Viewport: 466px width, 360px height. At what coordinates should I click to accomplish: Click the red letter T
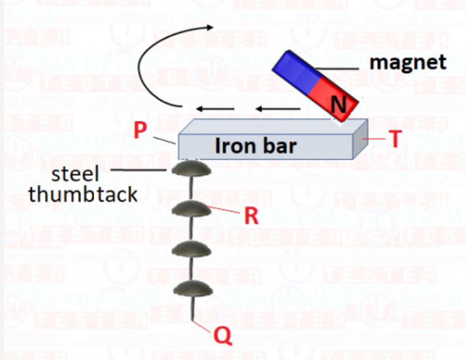click(395, 140)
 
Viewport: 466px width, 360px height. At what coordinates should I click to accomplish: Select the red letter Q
click(223, 336)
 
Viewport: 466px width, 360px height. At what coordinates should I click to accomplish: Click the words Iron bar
click(255, 146)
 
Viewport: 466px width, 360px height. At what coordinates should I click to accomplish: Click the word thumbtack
click(83, 194)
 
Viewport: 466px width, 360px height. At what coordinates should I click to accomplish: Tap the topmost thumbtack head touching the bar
click(191, 169)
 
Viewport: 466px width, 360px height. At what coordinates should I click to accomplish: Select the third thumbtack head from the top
click(191, 248)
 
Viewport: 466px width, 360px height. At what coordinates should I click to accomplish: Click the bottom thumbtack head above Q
click(191, 289)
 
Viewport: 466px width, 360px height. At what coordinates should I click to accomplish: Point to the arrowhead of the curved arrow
click(210, 27)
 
